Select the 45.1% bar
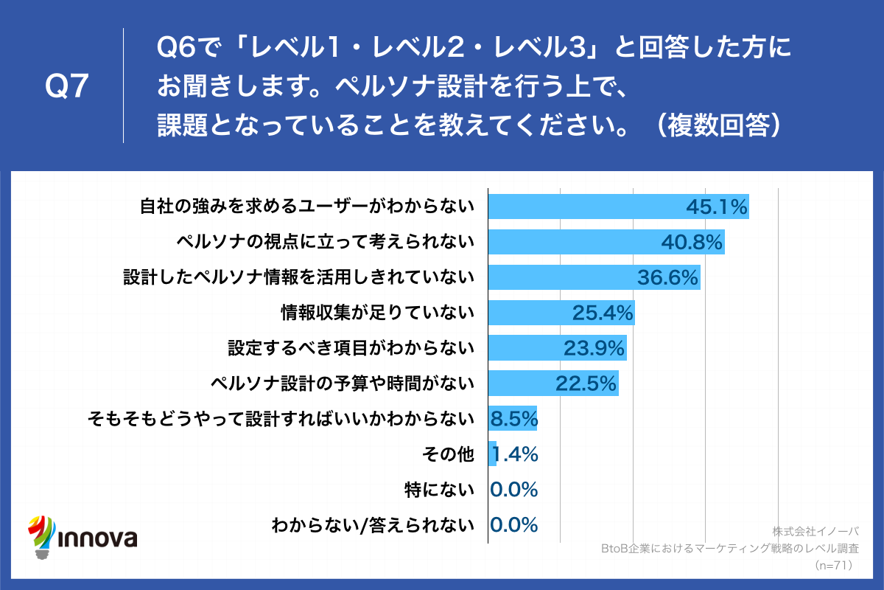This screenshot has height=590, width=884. click(x=619, y=207)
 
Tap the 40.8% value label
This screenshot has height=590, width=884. click(x=693, y=243)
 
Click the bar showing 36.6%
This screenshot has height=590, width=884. click(x=594, y=277)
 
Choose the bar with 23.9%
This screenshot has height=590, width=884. click(x=558, y=347)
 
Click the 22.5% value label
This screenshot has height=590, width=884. click(x=585, y=383)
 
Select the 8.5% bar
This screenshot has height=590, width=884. click(x=513, y=418)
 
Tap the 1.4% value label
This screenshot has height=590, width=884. click(x=514, y=454)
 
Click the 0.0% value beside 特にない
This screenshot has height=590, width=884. click(x=514, y=489)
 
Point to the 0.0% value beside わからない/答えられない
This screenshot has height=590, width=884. click(x=514, y=524)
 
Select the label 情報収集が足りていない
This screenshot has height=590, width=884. click(x=377, y=313)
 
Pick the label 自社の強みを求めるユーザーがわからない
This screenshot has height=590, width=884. click(x=306, y=207)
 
